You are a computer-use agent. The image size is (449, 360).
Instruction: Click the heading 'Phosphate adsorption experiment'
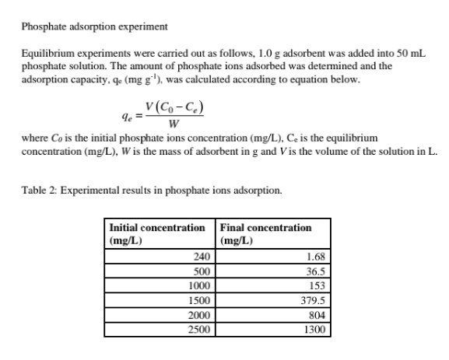(94, 27)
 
